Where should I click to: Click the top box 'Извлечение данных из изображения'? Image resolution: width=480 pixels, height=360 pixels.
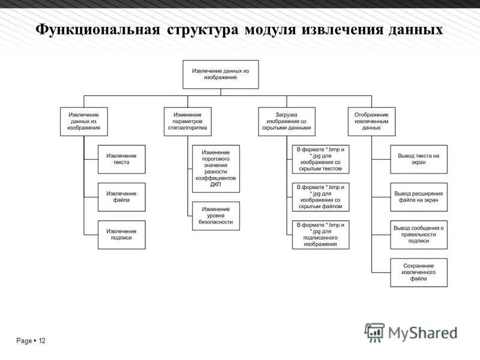(x=220, y=74)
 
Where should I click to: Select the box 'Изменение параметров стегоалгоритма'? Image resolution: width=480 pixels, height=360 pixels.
(x=188, y=121)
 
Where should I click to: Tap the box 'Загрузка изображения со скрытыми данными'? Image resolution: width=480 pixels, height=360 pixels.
(x=286, y=121)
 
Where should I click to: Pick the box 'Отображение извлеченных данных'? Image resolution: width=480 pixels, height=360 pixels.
(x=371, y=121)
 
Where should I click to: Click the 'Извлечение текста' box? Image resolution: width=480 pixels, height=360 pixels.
(x=122, y=159)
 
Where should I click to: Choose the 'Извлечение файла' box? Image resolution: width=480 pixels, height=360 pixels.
(x=122, y=197)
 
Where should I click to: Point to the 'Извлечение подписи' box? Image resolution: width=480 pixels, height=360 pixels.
(x=122, y=235)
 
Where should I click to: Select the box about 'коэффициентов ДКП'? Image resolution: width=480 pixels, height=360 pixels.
(x=215, y=169)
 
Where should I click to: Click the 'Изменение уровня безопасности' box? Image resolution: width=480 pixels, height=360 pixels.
(x=215, y=216)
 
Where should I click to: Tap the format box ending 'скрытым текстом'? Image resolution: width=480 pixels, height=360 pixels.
(x=320, y=159)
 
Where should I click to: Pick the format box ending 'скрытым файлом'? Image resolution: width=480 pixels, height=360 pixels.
(x=320, y=197)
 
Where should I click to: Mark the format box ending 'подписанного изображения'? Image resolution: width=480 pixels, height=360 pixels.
(x=320, y=235)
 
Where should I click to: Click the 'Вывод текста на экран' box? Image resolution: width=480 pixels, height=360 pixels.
(x=419, y=159)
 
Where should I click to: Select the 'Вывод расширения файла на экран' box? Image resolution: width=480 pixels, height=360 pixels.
(x=419, y=197)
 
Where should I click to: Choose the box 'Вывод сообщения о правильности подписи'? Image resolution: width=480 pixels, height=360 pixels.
(x=419, y=235)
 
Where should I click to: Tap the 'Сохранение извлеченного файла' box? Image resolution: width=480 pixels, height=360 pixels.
(x=419, y=272)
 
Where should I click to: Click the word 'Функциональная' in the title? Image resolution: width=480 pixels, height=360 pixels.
(x=98, y=30)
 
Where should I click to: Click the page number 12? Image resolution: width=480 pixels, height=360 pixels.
(x=41, y=341)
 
